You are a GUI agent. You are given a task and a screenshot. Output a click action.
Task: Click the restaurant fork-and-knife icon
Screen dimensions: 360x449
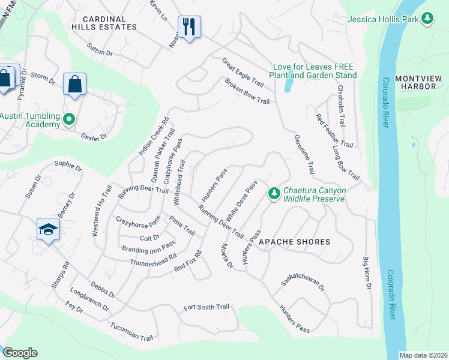pos(189,27)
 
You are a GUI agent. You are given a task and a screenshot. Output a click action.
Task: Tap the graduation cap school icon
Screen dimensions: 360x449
pos(48,230)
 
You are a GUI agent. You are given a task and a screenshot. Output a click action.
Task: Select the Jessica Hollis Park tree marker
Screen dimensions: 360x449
pos(427,19)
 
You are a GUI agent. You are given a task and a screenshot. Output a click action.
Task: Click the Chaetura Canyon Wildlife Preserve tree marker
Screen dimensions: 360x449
pos(274,193)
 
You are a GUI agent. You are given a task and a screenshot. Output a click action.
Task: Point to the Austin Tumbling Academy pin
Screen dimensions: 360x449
pos(69,119)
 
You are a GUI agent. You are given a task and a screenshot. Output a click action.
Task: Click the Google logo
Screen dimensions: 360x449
pos(20,353)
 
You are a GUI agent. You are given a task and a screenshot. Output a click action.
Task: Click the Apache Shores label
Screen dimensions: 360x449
pos(294,242)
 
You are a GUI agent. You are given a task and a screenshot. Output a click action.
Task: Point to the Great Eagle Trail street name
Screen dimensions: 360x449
pos(243,72)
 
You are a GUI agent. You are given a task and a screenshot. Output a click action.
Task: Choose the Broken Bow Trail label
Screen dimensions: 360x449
pos(247,91)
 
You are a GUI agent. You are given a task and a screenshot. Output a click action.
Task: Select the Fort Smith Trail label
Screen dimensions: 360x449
pos(206,307)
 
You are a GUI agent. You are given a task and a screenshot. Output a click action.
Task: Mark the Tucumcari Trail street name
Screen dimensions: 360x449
pos(131,331)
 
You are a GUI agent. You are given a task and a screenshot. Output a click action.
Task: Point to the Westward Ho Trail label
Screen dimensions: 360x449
pos(102,211)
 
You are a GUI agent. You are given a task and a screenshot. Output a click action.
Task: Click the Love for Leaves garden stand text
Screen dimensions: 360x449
pos(313,71)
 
